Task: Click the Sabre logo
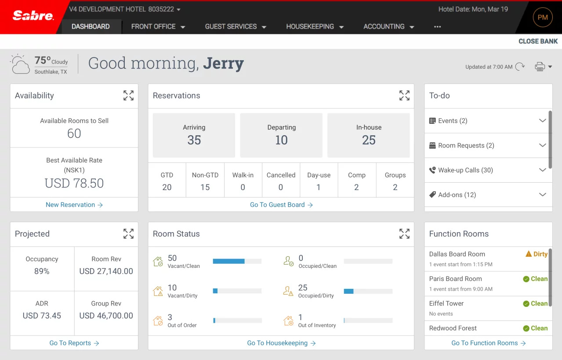[33, 16]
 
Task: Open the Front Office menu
[158, 27]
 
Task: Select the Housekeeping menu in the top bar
[315, 27]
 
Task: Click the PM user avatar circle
[543, 18]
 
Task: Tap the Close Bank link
[538, 41]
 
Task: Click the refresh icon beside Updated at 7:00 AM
[520, 67]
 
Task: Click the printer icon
[540, 67]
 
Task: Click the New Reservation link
[74, 205]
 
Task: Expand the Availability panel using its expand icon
[128, 96]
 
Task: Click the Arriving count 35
[194, 140]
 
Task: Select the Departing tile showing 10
[281, 135]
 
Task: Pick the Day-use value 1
[319, 187]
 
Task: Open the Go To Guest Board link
[281, 205]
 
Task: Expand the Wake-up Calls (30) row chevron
[542, 170]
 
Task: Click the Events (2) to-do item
[453, 121]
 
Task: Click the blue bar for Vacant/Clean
[228, 261]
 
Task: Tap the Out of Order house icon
[158, 321]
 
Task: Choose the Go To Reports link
[74, 343]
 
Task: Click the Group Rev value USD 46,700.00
[106, 316]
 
